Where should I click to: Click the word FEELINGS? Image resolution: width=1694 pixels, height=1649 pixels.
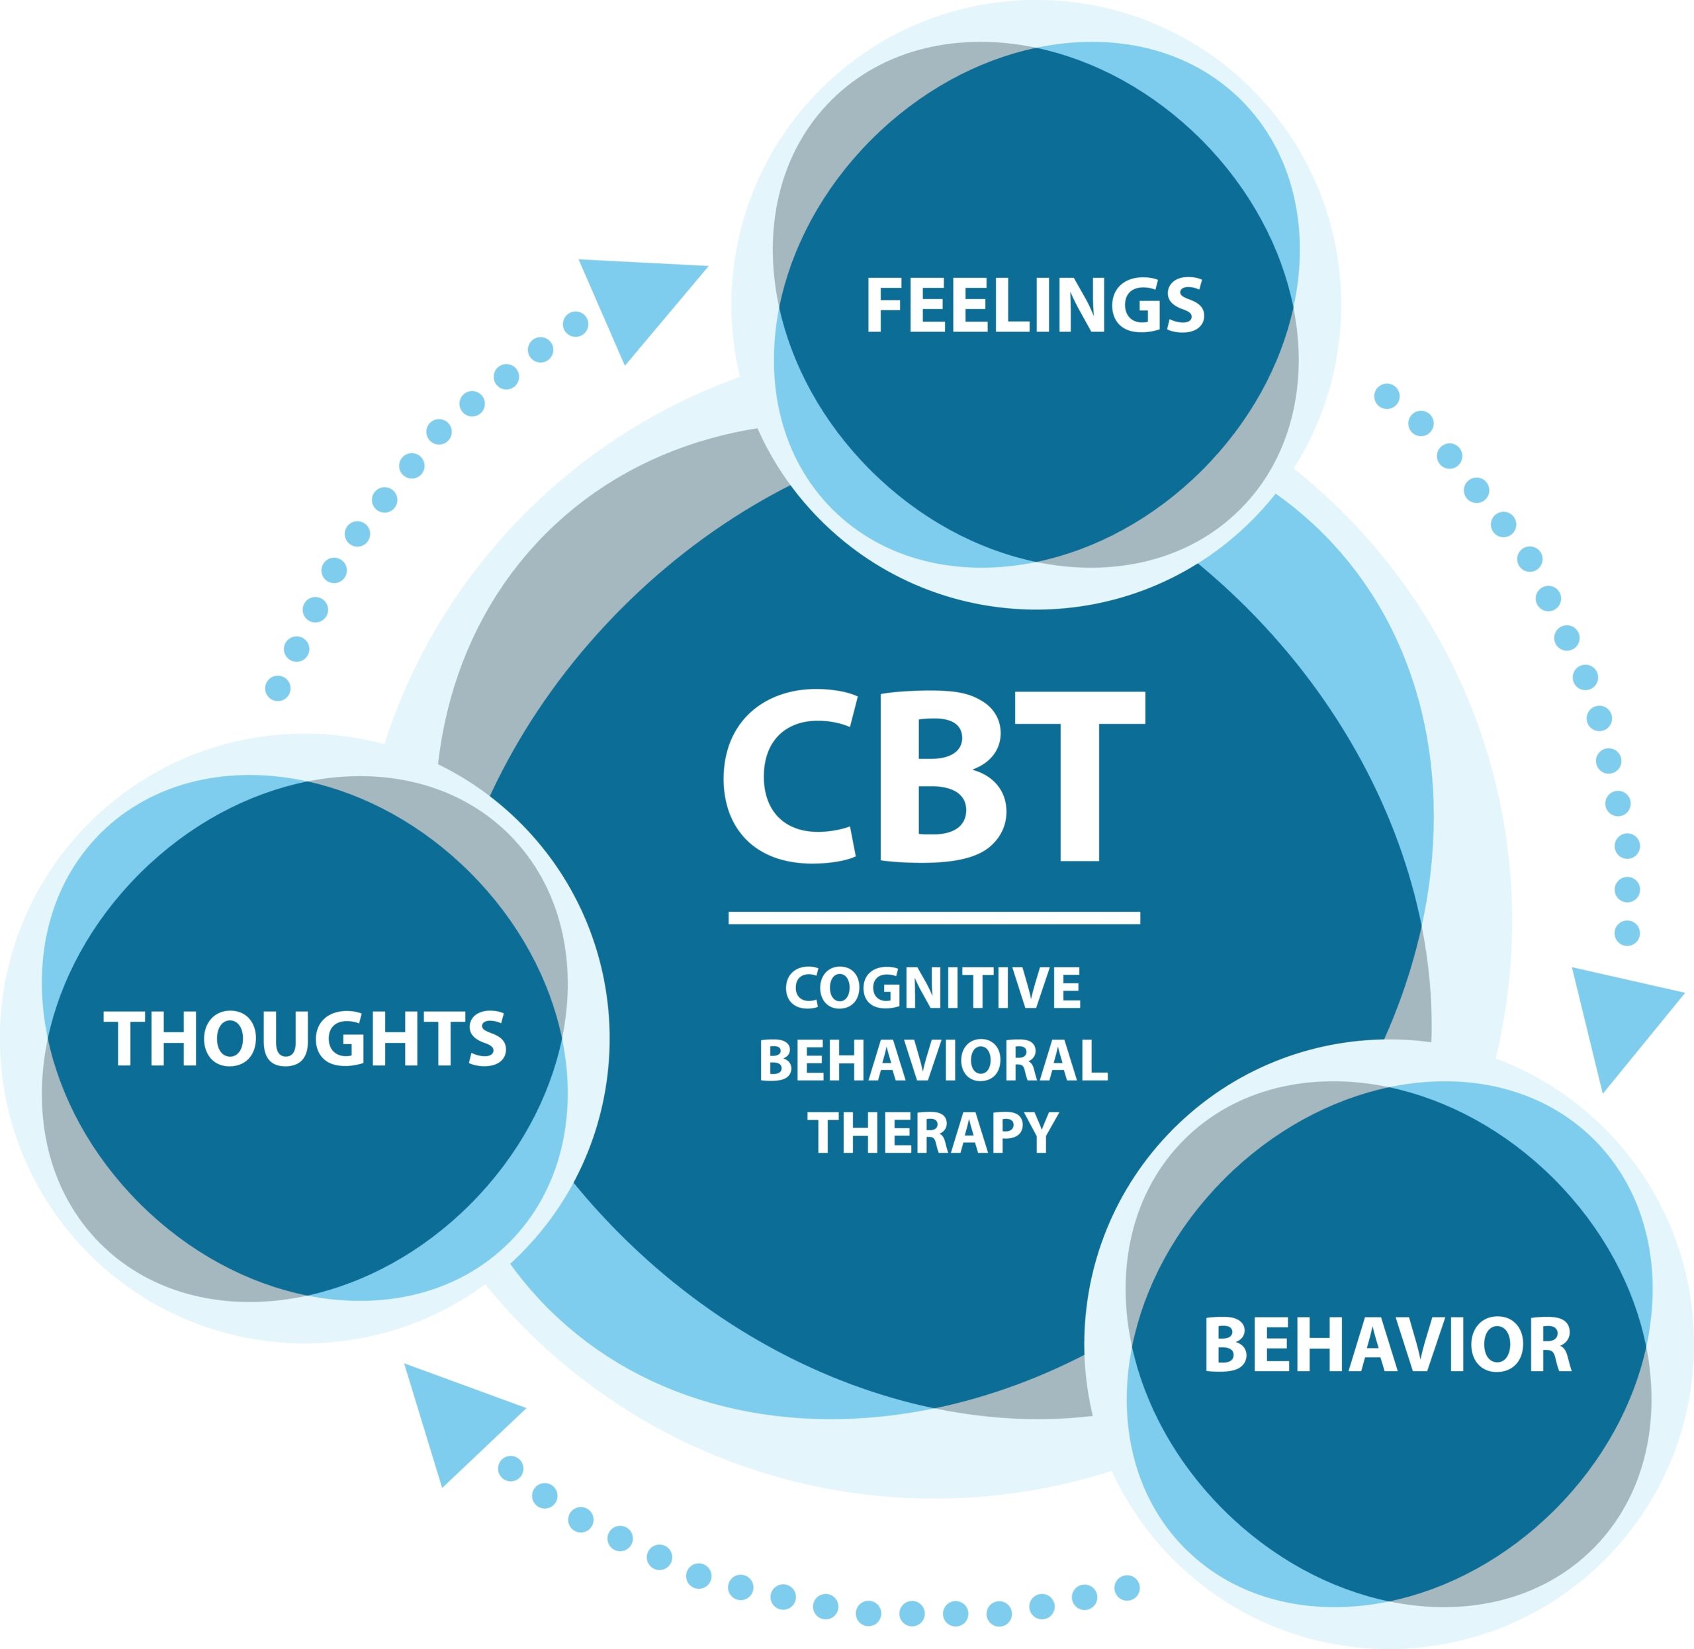(1035, 305)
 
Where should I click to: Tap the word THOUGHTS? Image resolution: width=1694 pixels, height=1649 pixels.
(305, 1040)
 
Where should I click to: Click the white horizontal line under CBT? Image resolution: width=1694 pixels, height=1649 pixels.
(934, 918)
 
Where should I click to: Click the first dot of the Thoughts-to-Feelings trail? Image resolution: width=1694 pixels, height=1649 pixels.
(277, 689)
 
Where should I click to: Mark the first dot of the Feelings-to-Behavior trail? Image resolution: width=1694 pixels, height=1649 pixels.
(1386, 396)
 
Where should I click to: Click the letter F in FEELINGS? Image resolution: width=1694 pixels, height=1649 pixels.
(885, 305)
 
